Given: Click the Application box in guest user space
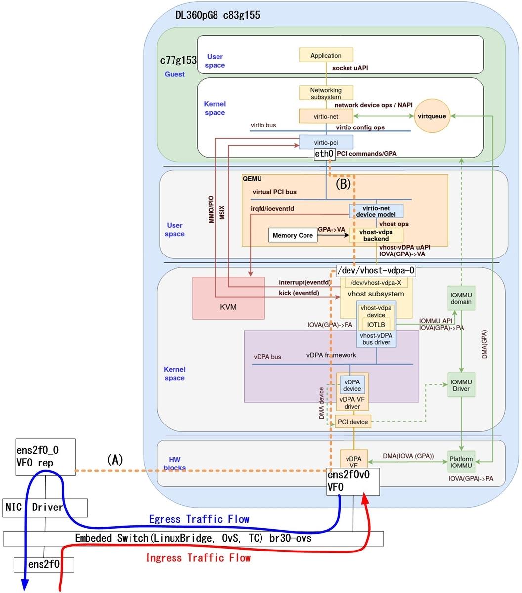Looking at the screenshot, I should (326, 55).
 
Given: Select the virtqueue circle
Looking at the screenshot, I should (432, 117).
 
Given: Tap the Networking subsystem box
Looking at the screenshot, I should (326, 93).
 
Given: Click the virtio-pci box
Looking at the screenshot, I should (326, 142).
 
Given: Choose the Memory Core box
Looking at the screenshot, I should (293, 235).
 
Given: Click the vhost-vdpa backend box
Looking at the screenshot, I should (376, 235).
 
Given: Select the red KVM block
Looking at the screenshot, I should (227, 297).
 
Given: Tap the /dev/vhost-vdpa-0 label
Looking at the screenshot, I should (376, 270).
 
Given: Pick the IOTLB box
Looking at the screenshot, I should (376, 324).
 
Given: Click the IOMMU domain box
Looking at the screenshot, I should (461, 298).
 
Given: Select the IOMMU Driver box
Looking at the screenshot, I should (461, 385).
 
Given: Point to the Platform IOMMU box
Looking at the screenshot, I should (461, 463).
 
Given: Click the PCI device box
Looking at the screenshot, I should (352, 422).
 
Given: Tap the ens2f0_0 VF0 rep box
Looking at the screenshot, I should (45, 457).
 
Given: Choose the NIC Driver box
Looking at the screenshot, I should (45, 507).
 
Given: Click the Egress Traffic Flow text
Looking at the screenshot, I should (199, 519).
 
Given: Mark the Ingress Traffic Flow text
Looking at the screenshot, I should (198, 558).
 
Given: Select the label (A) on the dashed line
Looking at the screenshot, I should (115, 460).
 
